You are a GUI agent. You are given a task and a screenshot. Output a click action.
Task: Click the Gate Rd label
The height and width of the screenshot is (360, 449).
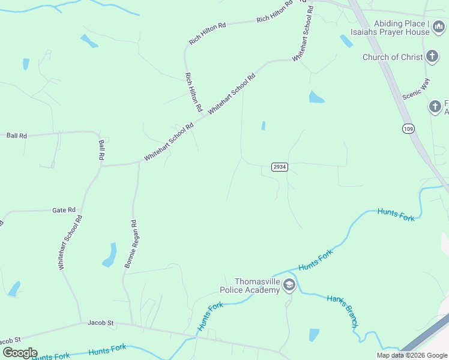pos(64,210)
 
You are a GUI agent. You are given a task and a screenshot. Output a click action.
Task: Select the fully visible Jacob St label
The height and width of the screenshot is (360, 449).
pos(100,323)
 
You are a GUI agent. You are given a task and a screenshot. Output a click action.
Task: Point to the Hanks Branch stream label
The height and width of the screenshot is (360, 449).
pos(343,311)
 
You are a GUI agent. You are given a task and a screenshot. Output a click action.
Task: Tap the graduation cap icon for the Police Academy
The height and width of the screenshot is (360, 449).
pos(289,285)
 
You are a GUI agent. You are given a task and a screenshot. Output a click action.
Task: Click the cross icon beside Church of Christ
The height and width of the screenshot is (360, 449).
pos(432,58)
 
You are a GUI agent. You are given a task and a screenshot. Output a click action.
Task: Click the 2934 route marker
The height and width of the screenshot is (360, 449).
pos(279,166)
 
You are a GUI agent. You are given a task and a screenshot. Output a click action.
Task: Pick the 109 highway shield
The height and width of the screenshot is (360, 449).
pos(409,129)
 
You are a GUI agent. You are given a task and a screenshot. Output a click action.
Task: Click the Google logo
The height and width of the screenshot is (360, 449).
pos(20,353)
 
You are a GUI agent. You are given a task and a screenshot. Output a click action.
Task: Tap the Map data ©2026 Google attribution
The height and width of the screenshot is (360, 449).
pos(412,355)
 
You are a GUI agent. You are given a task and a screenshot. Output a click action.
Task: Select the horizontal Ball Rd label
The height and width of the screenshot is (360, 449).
pos(17,136)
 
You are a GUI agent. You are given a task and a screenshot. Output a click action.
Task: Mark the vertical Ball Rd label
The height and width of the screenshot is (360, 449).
pos(101,149)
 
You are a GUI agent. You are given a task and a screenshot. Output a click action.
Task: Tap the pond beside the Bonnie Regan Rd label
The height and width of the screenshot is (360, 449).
pos(110,254)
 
